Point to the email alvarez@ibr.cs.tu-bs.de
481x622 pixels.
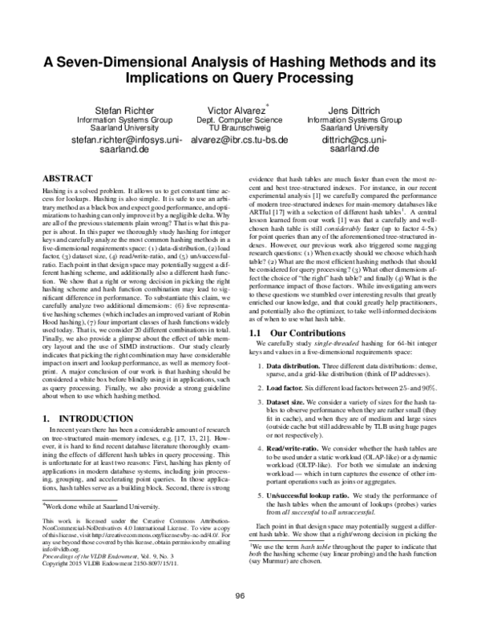241,139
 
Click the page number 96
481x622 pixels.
240,594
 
